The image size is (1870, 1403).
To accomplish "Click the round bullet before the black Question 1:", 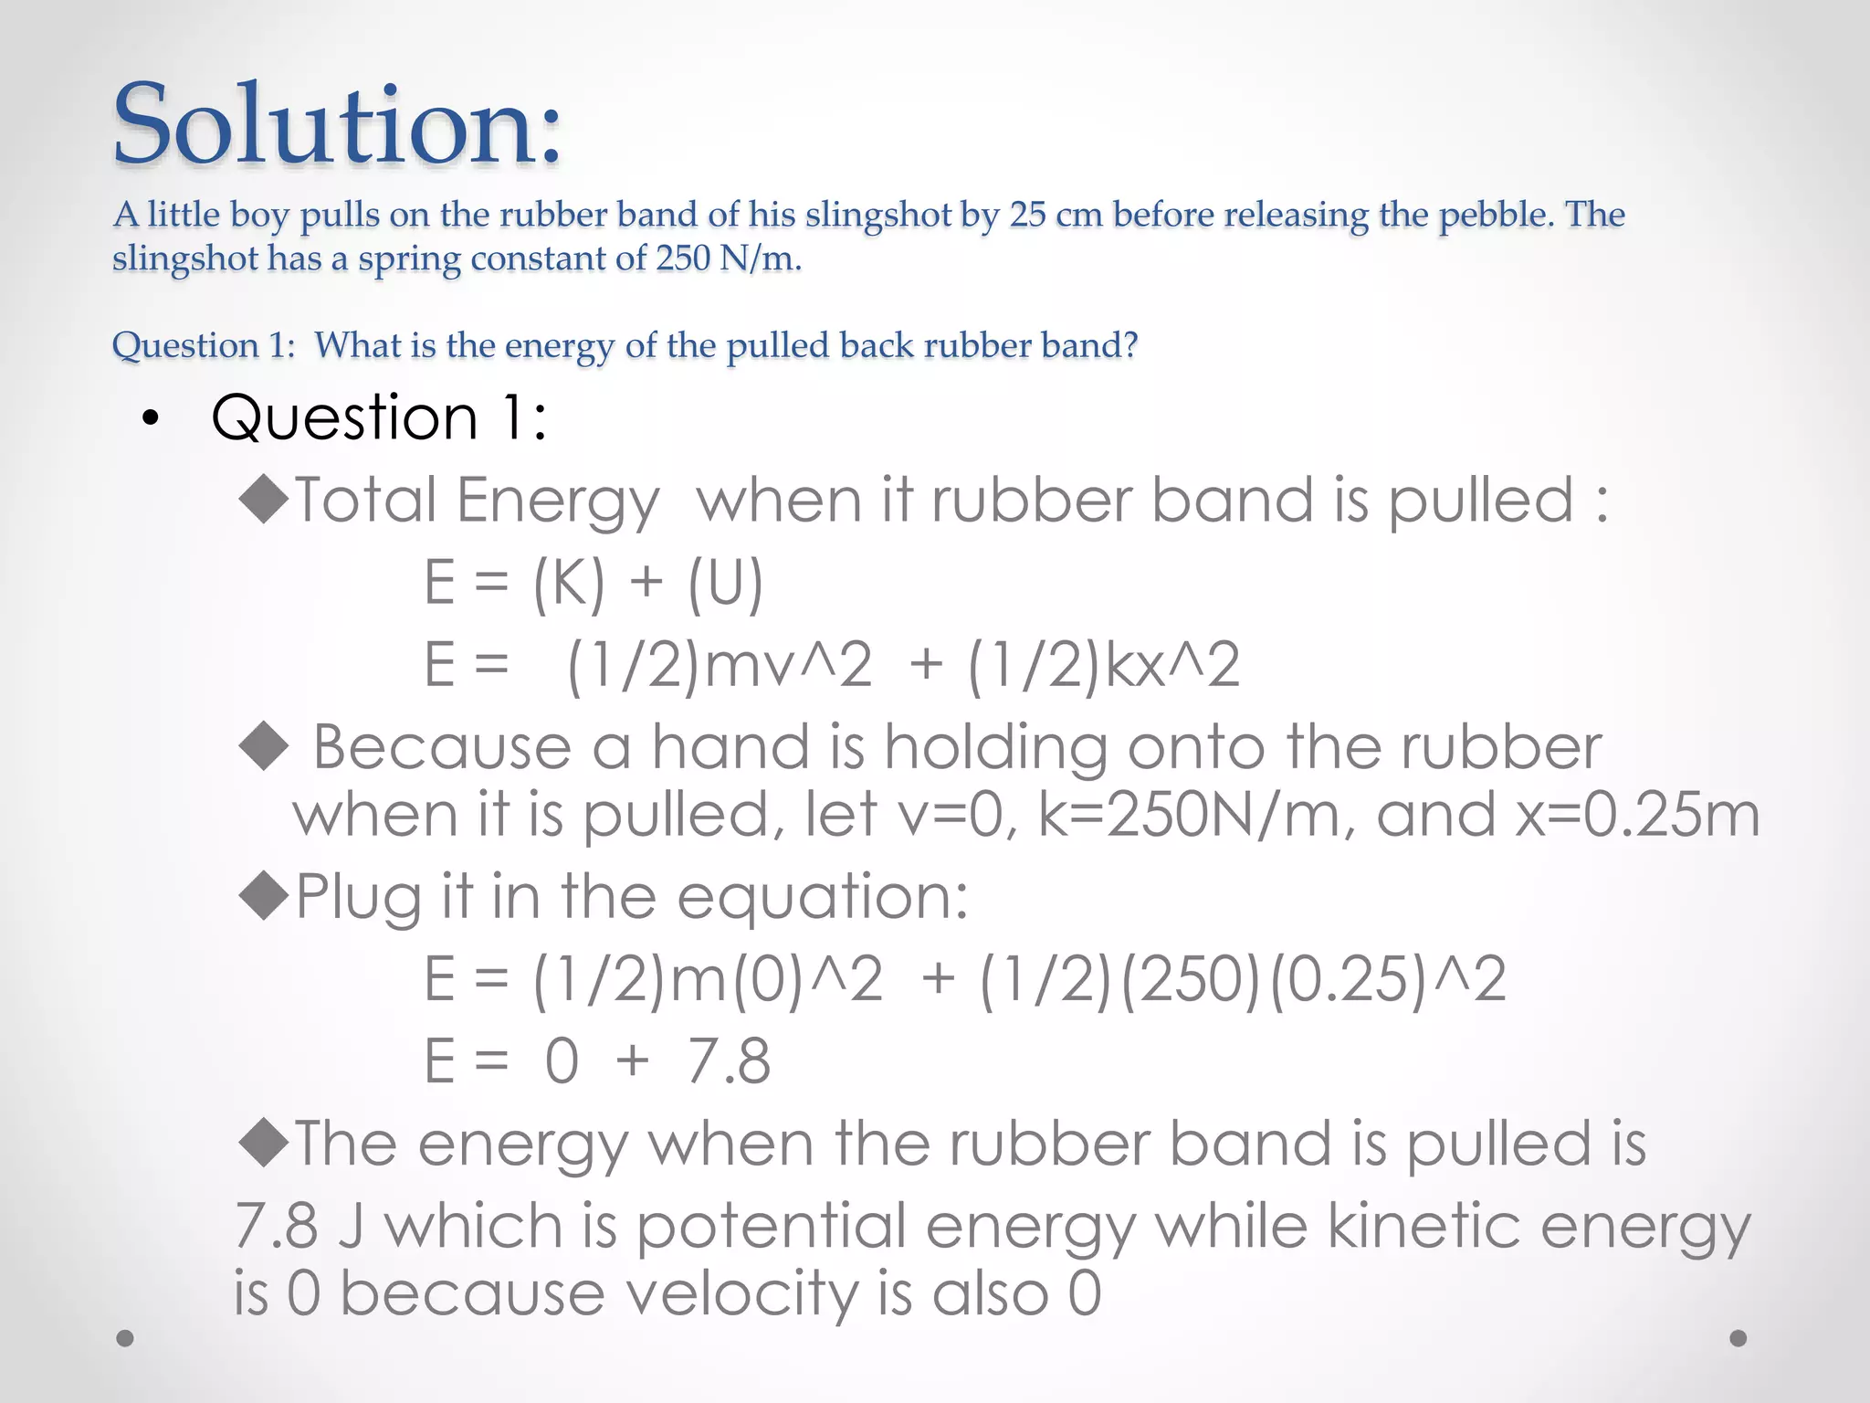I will [x=151, y=418].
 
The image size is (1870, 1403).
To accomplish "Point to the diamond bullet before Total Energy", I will [x=264, y=501].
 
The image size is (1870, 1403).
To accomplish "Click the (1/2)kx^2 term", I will [x=1103, y=665].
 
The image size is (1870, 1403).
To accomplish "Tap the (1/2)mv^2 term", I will [x=719, y=665].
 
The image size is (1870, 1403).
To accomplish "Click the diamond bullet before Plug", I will [x=264, y=895].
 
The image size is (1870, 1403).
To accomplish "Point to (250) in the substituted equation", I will [x=1192, y=979].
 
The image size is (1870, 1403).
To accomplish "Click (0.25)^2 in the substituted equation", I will [x=1387, y=979].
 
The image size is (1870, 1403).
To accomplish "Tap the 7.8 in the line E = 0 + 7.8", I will [x=729, y=1061].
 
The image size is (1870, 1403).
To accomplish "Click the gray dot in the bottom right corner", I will [x=1739, y=1338].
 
